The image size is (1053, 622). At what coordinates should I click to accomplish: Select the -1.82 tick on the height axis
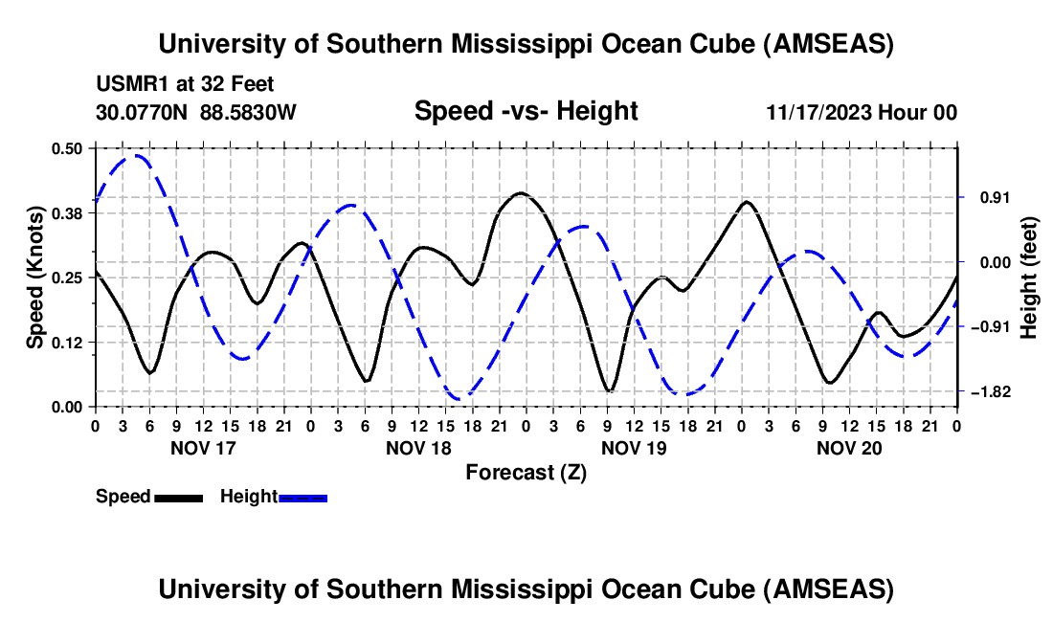tap(986, 392)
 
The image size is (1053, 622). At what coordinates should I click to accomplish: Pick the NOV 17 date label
tap(202, 447)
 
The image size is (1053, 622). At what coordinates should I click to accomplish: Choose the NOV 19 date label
tap(633, 447)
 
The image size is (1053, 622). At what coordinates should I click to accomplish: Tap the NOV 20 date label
tap(848, 447)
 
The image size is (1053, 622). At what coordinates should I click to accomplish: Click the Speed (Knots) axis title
tap(34, 278)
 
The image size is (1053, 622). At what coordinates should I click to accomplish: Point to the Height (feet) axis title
tap(1029, 278)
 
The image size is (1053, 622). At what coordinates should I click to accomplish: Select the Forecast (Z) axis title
tap(526, 472)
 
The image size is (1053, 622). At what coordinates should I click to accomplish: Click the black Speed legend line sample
tap(178, 498)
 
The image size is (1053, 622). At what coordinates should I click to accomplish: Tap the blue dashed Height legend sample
tap(302, 498)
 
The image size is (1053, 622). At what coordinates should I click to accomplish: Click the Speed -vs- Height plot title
tap(526, 111)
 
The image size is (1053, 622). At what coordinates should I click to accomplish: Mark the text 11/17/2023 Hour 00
tap(862, 113)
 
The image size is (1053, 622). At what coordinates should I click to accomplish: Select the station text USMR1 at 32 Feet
tap(185, 85)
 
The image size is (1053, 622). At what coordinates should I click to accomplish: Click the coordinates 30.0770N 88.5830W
tap(196, 113)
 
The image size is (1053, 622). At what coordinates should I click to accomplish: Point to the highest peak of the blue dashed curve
tap(137, 155)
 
